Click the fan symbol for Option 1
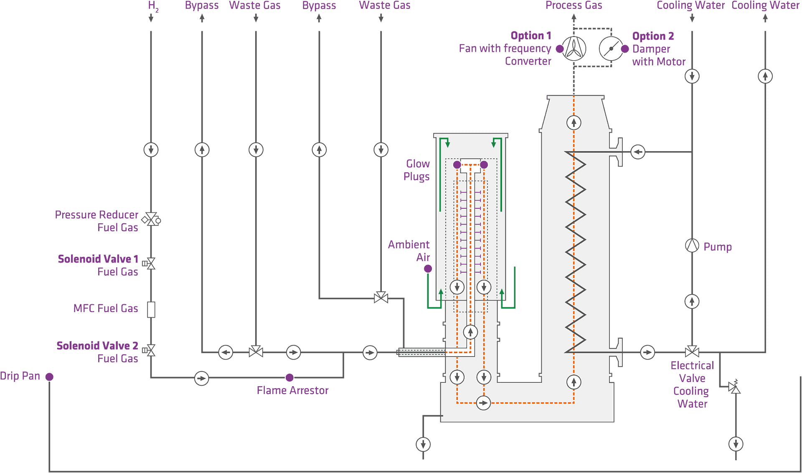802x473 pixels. pos(574,49)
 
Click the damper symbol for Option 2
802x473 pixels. pos(611,49)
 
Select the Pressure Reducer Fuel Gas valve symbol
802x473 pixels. pos(151,219)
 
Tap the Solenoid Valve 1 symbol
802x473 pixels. pos(151,263)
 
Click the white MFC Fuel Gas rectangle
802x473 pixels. pos(151,310)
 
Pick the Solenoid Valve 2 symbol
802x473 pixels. pos(151,350)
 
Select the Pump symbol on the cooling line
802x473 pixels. pos(692,245)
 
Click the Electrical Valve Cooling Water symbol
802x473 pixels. pos(692,352)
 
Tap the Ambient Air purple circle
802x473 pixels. pos(428,269)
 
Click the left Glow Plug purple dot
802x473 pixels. pos(457,165)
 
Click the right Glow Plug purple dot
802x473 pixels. pos(484,165)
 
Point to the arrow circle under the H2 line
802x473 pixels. pos(151,149)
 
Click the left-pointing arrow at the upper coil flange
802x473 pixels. pos(638,152)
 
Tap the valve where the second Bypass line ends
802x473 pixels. pos(381,298)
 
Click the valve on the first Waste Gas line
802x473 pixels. pos(256,352)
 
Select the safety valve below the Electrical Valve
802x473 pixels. pos(734,388)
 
